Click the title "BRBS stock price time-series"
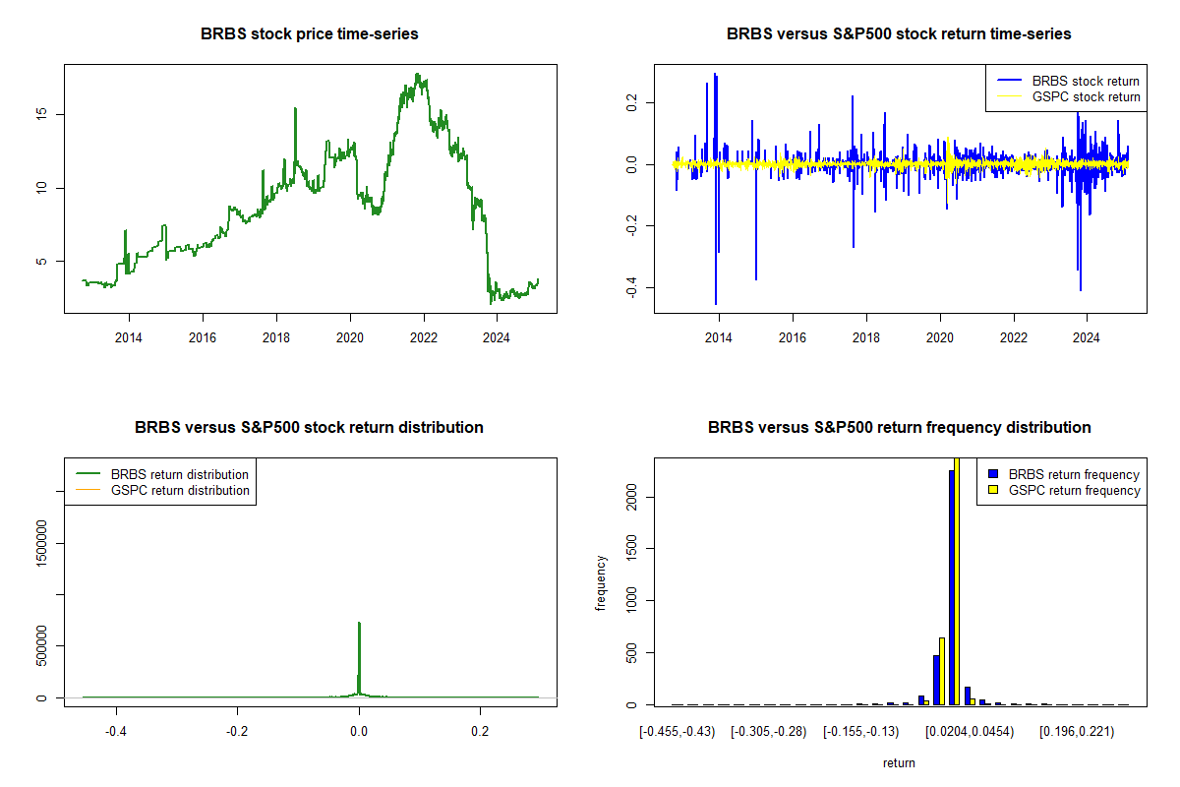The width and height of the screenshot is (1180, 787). [x=310, y=34]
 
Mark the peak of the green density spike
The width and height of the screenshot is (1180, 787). [x=359, y=623]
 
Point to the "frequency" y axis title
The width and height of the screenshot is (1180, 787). [x=601, y=582]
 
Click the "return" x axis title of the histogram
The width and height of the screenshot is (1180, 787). [x=899, y=762]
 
